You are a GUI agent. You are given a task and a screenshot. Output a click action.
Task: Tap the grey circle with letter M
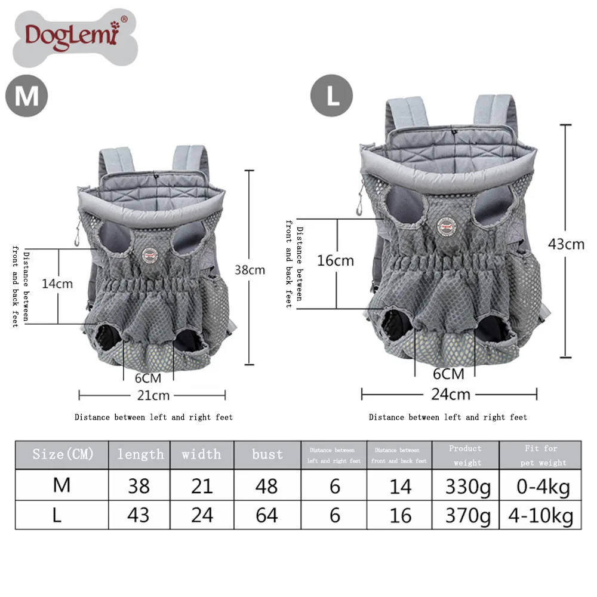point(27,96)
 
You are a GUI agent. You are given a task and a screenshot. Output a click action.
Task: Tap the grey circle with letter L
point(331,96)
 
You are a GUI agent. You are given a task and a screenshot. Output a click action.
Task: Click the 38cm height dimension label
point(250,270)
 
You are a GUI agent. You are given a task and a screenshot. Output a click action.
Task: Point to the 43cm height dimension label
point(566,244)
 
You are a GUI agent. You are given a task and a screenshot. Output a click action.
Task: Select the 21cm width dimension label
point(153,395)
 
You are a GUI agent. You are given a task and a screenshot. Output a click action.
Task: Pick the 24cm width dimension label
point(451,394)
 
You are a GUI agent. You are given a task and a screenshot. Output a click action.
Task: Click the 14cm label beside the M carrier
point(57,283)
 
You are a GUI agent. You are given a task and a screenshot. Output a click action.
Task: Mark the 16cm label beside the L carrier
point(336,260)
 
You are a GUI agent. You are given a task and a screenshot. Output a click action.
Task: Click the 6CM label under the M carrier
point(149,378)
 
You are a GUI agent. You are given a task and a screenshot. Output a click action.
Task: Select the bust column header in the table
point(267,455)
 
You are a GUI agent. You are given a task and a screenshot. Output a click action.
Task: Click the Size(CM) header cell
point(63,455)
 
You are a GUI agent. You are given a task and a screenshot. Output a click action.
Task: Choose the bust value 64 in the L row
point(267,515)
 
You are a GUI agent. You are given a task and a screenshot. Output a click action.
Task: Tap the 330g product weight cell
point(467,487)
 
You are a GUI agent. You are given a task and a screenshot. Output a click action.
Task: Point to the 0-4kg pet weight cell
point(543,487)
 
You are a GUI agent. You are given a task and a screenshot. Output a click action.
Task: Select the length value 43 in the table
point(139,515)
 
